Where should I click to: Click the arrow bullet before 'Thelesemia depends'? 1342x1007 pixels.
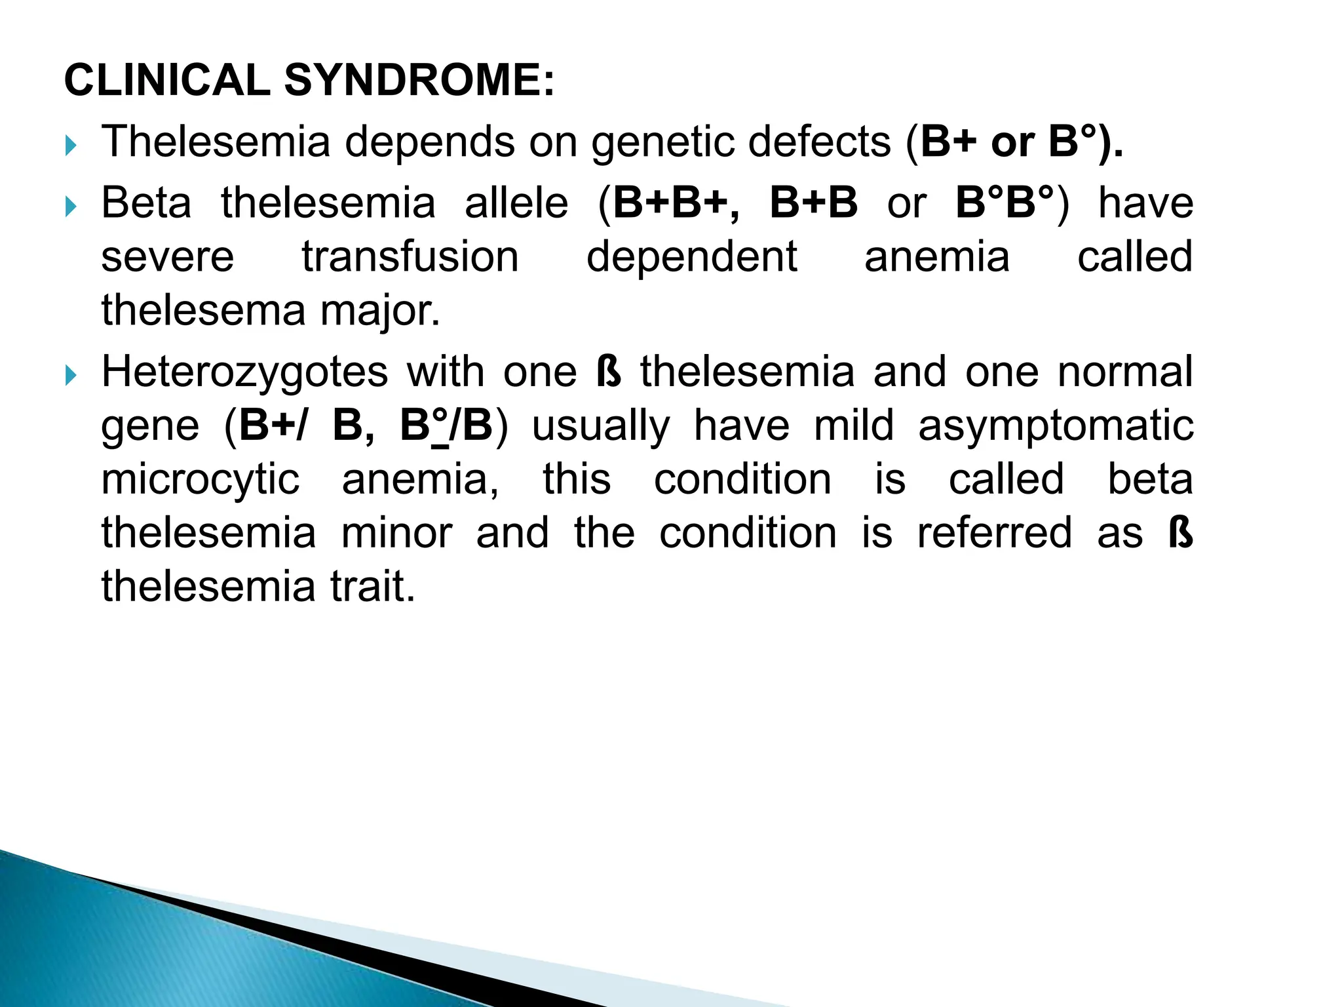tap(71, 146)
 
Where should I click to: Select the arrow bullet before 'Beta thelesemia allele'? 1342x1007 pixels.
tap(71, 208)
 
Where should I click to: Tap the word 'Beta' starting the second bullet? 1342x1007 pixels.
tap(146, 203)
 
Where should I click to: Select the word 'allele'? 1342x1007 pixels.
tap(516, 203)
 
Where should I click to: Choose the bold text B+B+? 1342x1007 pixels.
tap(676, 203)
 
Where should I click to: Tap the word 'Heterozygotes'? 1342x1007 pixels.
tap(245, 372)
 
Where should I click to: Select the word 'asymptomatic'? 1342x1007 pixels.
tap(1056, 425)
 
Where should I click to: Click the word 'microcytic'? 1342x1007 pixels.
tap(201, 479)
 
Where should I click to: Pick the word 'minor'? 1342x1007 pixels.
tap(397, 533)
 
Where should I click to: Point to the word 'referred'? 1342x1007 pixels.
tap(994, 533)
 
